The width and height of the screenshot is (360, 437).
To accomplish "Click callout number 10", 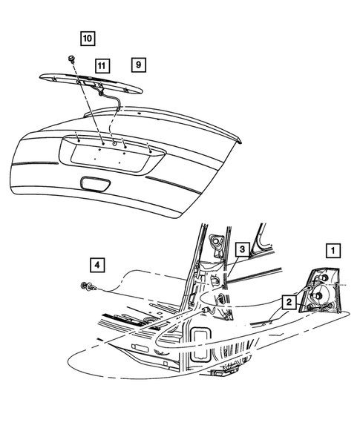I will [88, 36].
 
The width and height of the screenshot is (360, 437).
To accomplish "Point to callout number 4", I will [97, 263].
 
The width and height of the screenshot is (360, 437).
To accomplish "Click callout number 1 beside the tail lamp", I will [334, 250].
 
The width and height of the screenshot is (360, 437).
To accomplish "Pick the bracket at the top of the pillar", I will [217, 242].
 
